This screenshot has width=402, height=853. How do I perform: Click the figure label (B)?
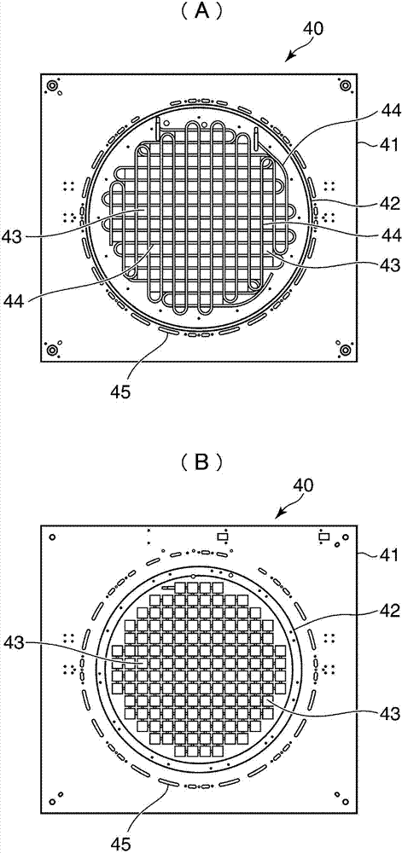(201, 462)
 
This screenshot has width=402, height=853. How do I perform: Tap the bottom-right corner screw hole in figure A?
(345, 349)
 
